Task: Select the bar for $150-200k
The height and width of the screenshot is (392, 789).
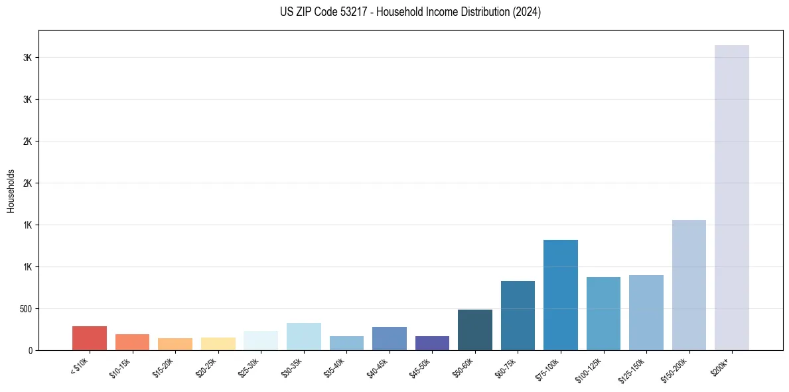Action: click(689, 285)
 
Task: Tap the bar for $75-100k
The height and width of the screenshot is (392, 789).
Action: click(560, 295)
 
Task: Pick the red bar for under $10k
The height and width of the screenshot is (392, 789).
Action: click(90, 338)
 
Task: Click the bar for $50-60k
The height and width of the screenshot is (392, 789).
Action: click(474, 330)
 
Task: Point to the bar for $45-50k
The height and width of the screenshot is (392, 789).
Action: click(432, 343)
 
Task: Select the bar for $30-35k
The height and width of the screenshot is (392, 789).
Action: click(303, 336)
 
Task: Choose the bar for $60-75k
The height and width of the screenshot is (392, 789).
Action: click(518, 316)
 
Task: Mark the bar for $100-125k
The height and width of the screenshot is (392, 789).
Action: click(603, 314)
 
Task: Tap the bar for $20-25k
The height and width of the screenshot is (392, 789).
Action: click(218, 343)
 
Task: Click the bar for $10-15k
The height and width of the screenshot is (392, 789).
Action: click(132, 342)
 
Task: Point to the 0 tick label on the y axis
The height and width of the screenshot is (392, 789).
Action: click(30, 350)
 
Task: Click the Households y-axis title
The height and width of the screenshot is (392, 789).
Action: click(11, 190)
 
